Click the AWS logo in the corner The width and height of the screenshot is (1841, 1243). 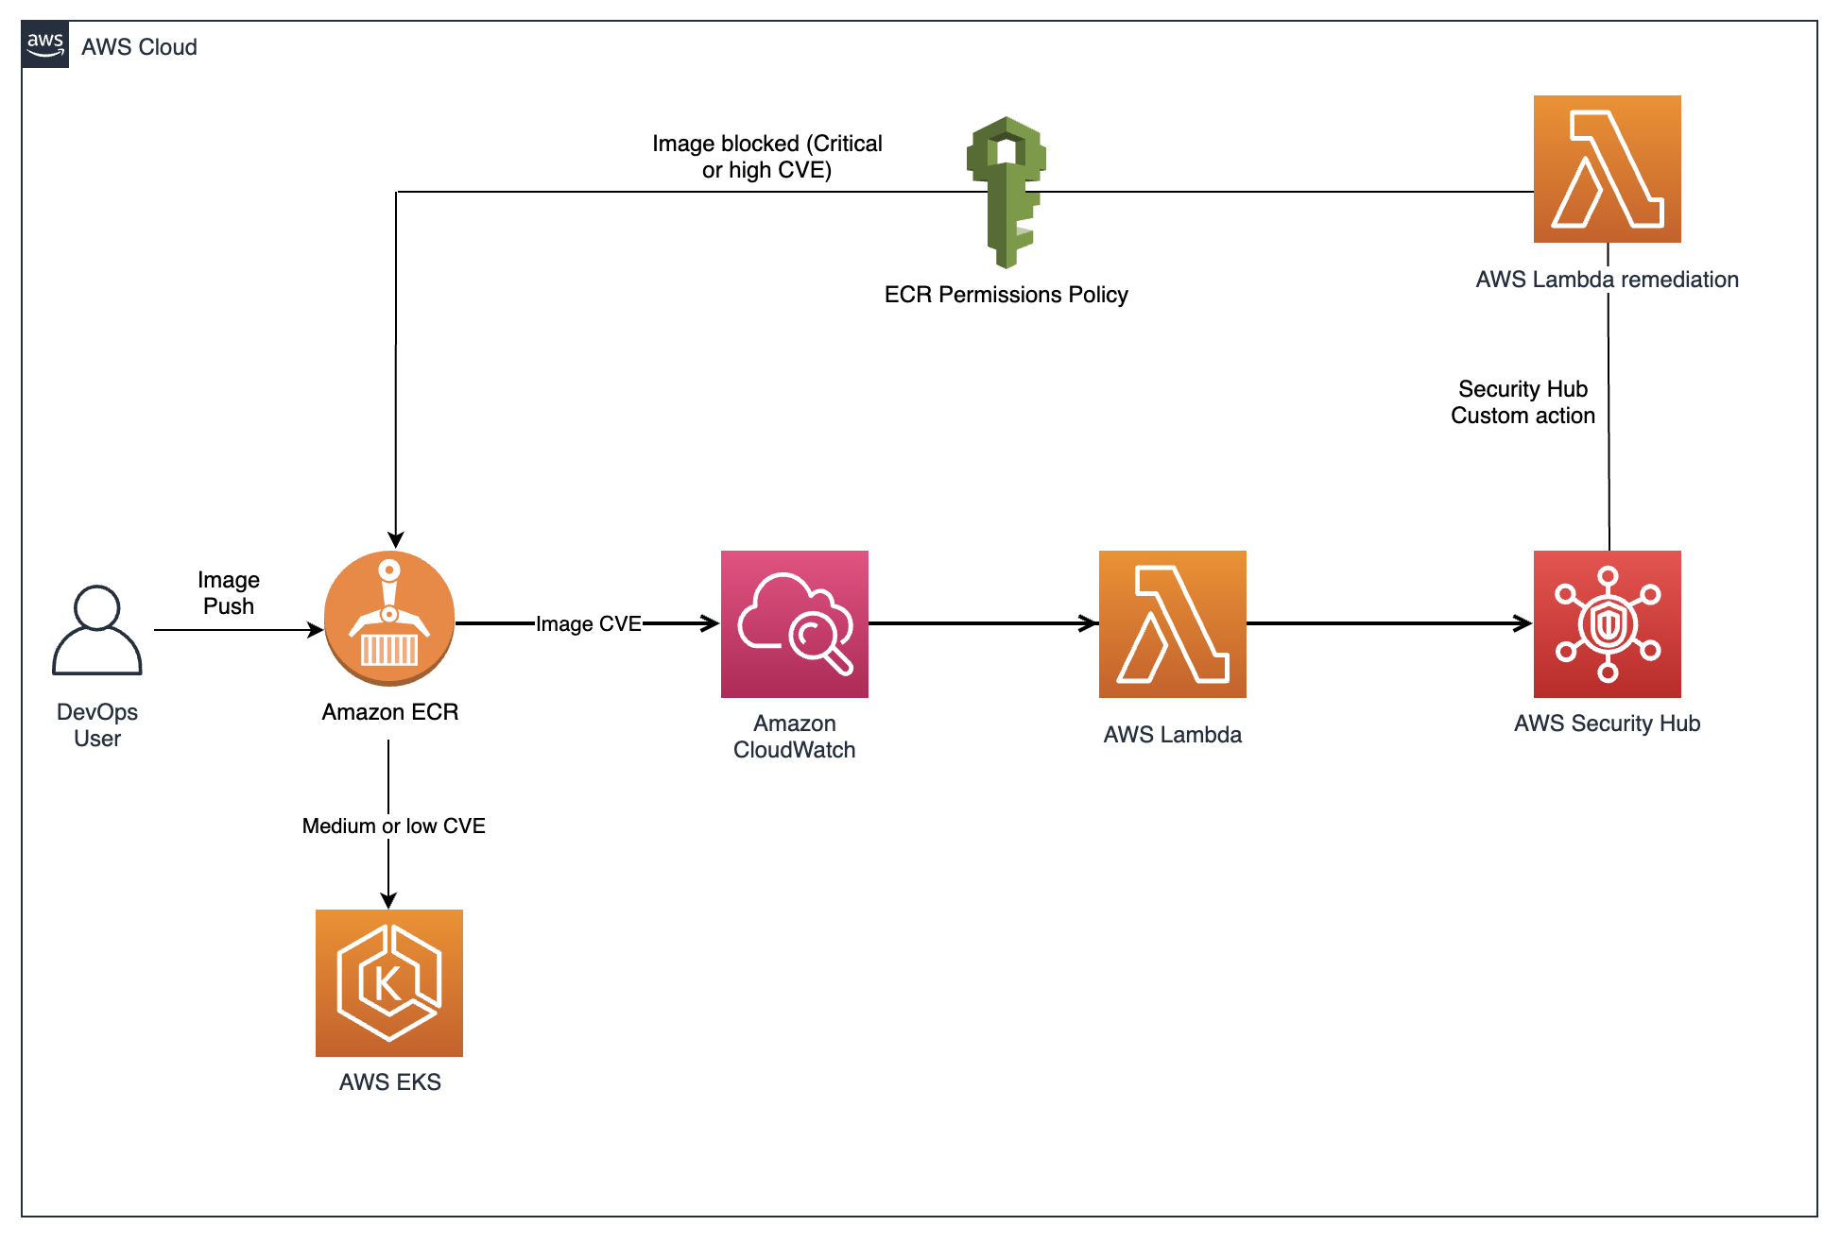(45, 44)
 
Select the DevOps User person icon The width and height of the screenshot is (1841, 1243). (97, 630)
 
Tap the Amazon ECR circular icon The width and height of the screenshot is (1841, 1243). (389, 619)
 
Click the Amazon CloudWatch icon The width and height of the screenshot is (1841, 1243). (795, 624)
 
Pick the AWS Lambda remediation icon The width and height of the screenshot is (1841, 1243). (1608, 169)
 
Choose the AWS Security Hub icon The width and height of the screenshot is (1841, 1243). (1608, 624)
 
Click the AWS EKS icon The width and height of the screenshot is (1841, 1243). (389, 983)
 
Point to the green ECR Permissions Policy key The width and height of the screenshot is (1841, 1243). (1007, 192)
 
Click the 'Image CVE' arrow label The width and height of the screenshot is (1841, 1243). (589, 623)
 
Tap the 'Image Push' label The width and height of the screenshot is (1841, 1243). (229, 593)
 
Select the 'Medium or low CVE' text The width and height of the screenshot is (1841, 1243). (394, 826)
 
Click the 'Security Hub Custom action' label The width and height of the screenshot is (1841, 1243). (1523, 402)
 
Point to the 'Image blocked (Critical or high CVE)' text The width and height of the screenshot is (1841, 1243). (767, 157)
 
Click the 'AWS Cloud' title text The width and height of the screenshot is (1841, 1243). (140, 47)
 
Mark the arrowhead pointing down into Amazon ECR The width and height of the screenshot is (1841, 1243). (396, 541)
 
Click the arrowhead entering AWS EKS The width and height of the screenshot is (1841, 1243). (388, 900)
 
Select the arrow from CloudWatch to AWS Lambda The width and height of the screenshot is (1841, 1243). (984, 623)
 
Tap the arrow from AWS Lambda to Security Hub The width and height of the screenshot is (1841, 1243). (1390, 623)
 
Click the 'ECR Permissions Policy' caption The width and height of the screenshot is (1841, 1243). (1007, 295)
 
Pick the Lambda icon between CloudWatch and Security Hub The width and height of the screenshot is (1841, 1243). (1173, 624)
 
